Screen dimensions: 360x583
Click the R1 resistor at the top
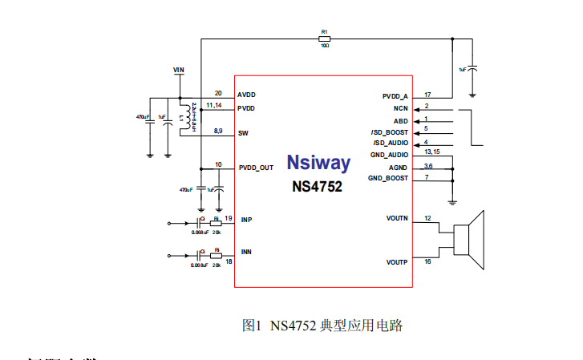325,38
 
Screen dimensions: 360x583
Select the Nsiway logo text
318,164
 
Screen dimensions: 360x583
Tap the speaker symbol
470,240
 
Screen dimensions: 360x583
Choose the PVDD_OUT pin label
256,168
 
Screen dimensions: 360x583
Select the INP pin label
246,220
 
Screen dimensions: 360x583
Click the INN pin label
246,252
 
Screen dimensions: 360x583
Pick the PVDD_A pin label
395,96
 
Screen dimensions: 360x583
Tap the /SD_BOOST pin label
389,131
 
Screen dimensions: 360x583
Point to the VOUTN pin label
396,218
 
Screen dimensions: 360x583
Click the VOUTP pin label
396,261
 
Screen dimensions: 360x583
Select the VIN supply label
179,71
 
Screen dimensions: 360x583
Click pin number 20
218,92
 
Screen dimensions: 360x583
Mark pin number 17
428,94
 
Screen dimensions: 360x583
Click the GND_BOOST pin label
388,177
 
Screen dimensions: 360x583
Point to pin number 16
428,261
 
